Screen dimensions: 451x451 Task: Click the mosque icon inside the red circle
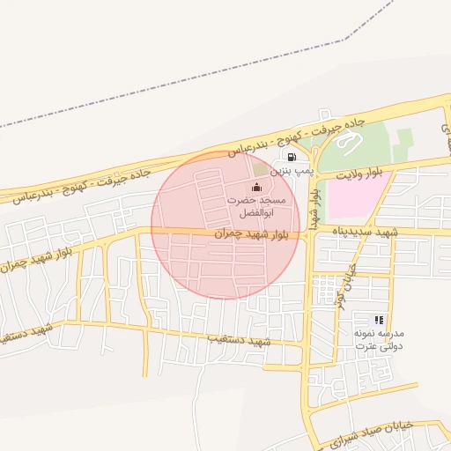point(256,187)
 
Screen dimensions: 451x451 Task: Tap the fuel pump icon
point(290,157)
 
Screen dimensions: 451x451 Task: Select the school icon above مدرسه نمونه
point(379,320)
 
